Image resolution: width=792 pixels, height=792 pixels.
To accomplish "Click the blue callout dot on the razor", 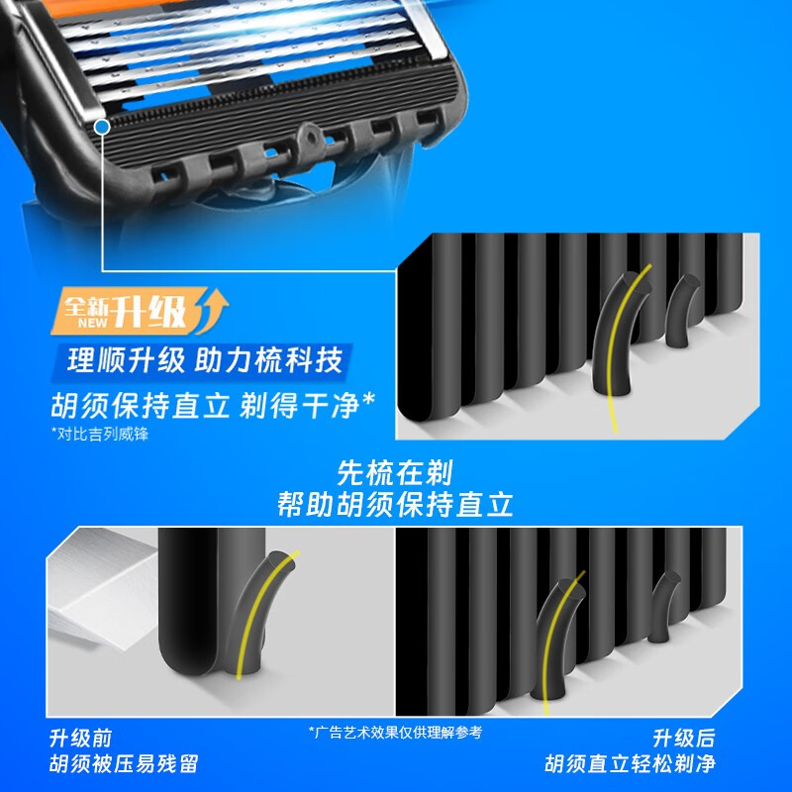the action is click(102, 127).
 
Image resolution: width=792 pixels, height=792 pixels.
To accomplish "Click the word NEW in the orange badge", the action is click(92, 323).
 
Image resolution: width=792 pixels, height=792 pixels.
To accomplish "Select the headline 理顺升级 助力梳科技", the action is click(205, 360).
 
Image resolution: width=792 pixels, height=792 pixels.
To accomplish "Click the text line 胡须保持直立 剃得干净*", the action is click(213, 405).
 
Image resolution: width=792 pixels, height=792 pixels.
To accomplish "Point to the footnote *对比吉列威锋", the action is click(100, 434).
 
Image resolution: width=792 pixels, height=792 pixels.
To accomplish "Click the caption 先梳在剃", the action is click(395, 472).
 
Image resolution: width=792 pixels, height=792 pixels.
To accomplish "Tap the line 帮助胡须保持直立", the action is click(395, 504).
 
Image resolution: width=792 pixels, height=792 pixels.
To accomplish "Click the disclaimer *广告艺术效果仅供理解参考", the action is click(395, 733).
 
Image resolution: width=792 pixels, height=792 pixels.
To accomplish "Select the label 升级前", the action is click(80, 738).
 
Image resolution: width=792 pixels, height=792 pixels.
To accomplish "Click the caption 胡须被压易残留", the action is click(124, 763).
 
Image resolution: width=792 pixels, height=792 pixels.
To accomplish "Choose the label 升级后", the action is click(684, 738).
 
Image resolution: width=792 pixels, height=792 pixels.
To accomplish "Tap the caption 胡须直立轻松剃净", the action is click(630, 763).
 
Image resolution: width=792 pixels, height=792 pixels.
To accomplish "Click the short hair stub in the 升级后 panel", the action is click(663, 606).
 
